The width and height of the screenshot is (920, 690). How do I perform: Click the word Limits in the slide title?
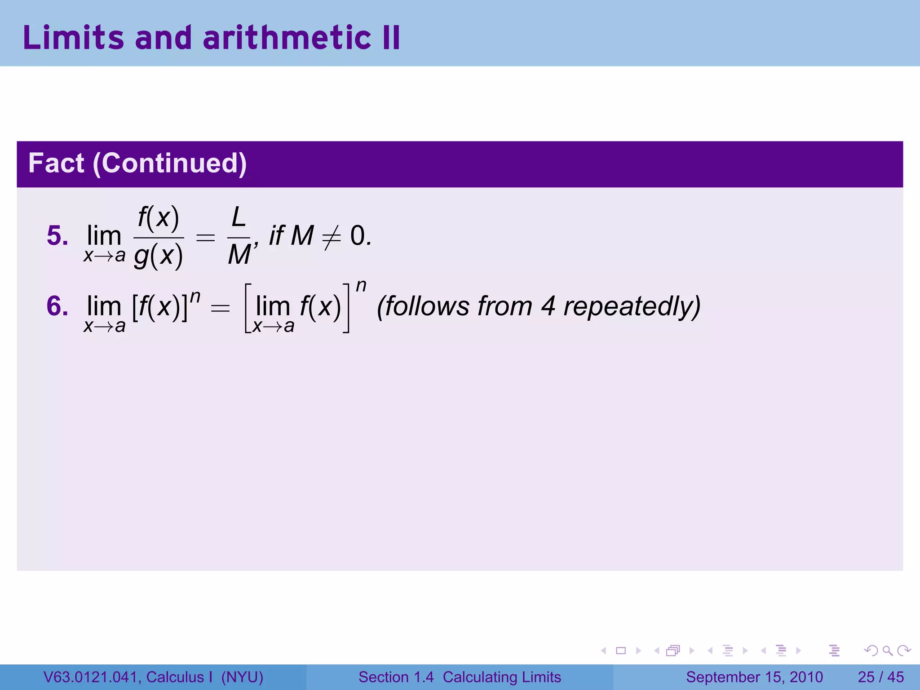tap(73, 38)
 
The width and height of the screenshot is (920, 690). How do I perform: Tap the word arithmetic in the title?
tap(287, 38)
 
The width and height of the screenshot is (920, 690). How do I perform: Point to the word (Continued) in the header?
tap(170, 164)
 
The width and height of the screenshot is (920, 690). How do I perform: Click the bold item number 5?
tap(57, 236)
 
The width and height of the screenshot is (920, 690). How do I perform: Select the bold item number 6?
tap(57, 306)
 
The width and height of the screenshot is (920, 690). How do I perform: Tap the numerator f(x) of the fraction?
tap(158, 219)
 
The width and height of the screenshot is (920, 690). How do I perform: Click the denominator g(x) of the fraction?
tap(158, 257)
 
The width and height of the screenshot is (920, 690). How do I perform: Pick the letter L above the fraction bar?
tap(238, 218)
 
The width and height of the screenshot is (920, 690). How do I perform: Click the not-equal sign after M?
tap(332, 237)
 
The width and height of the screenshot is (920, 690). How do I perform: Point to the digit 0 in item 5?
tap(358, 236)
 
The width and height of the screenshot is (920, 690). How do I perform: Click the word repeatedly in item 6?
tap(632, 307)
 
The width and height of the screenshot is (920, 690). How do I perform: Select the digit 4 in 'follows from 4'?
tap(548, 306)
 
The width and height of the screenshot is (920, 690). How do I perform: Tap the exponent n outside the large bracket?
tap(361, 286)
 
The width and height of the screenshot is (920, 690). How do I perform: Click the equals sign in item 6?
tap(220, 308)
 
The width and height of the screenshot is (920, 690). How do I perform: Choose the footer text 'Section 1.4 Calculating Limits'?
tap(460, 677)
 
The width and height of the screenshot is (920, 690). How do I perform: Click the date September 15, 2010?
tap(754, 677)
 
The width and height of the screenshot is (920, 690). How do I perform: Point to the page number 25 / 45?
tap(880, 677)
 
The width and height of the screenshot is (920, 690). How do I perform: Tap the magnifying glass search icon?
tap(887, 650)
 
